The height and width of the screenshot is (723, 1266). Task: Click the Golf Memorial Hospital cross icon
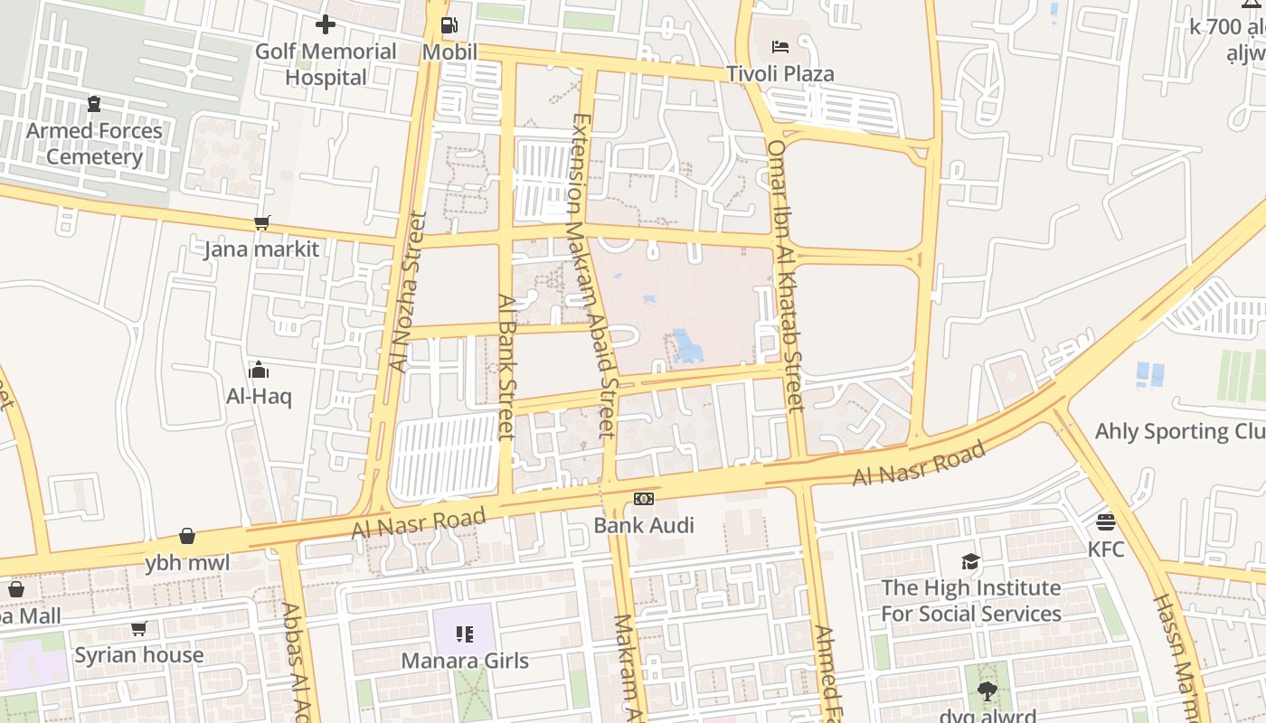tap(326, 24)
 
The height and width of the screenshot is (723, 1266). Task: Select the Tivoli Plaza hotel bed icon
tap(780, 47)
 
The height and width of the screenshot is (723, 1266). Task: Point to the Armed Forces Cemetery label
tap(94, 144)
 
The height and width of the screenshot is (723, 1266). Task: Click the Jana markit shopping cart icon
tap(262, 222)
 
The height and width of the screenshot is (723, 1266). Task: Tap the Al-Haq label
tap(259, 396)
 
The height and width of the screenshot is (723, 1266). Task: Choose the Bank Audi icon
tap(644, 499)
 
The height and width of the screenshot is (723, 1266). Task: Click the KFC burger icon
tap(1105, 522)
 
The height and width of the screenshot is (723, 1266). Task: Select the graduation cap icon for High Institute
tap(970, 561)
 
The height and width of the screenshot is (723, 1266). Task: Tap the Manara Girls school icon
tap(465, 634)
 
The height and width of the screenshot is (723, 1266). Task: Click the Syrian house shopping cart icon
tap(138, 628)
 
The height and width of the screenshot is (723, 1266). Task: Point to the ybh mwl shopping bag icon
tap(187, 537)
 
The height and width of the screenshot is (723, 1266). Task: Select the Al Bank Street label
tap(506, 367)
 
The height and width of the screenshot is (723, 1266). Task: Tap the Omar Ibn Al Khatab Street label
tap(785, 276)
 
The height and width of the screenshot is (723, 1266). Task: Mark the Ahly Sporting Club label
tap(1179, 431)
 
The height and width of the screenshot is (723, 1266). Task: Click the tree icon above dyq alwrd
tap(987, 691)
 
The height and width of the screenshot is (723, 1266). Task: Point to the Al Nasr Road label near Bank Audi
tap(419, 523)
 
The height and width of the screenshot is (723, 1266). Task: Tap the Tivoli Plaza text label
tap(780, 73)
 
